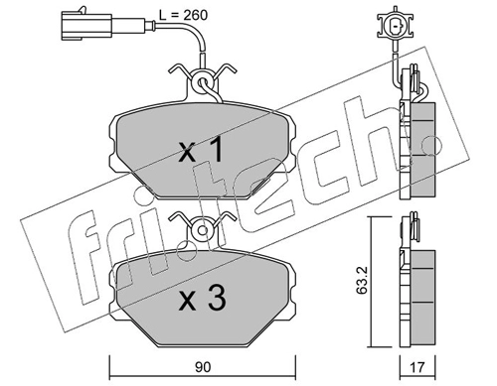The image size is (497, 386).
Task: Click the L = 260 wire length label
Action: click(x=183, y=15)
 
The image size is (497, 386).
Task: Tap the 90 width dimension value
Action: click(x=203, y=367)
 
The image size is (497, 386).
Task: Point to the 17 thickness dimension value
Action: click(x=417, y=367)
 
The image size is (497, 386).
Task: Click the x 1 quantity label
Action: click(x=201, y=151)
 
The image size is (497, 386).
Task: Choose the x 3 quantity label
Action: click(x=203, y=298)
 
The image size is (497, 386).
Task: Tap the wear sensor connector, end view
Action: click(x=396, y=26)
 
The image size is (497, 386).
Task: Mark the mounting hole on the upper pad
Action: click(x=202, y=81)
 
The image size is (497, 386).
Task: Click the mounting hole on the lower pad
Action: click(x=202, y=230)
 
